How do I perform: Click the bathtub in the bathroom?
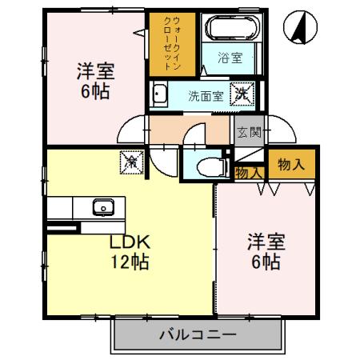234,30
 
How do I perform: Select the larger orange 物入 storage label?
290,165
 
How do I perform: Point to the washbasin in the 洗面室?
158,95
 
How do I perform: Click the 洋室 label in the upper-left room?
95,70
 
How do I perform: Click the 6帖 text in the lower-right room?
263,261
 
